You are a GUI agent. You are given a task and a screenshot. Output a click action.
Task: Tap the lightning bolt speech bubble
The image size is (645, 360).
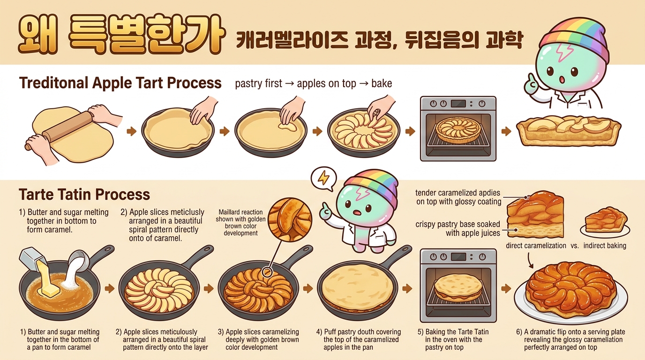click(323, 178)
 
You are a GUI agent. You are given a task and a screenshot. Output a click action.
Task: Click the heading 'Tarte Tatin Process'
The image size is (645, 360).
click(84, 195)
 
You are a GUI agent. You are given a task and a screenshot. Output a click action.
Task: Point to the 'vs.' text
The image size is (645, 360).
click(575, 246)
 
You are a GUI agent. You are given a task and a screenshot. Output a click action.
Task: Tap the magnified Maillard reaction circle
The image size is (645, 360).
click(290, 219)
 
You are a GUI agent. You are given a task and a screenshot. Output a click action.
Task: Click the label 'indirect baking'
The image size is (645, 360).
click(605, 246)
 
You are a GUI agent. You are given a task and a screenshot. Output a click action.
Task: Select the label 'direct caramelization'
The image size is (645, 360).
click(536, 246)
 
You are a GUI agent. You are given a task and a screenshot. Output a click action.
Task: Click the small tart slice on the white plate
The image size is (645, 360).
click(605, 221)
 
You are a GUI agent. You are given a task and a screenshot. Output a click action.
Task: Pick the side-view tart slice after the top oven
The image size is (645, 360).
click(569, 131)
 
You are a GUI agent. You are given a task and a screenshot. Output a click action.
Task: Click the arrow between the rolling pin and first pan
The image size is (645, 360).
click(132, 131)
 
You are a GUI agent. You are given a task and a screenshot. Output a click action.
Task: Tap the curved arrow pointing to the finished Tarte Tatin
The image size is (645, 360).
click(530, 261)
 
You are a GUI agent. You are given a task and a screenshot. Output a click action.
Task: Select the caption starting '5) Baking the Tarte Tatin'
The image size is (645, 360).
click(454, 339)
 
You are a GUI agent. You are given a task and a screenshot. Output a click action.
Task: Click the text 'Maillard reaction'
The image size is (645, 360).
click(240, 212)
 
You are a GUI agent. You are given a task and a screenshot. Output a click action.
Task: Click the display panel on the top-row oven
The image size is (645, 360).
click(458, 104)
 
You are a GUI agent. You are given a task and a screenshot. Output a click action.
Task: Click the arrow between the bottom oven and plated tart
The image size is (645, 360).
click(506, 288)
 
